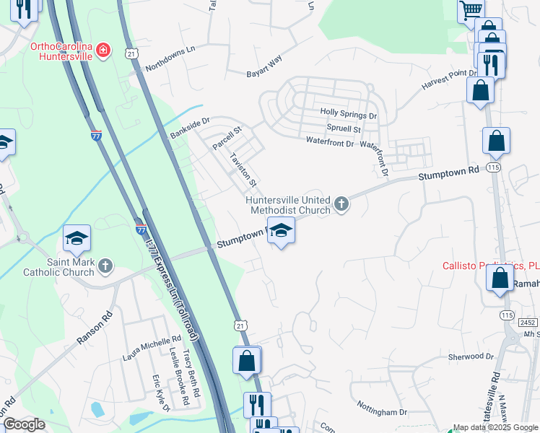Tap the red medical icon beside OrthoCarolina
105,50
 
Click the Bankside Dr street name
189,128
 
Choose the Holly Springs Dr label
349,115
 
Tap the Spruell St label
344,128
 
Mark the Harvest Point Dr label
450,79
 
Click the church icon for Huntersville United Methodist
342,206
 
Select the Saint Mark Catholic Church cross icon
105,266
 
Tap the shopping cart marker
471,10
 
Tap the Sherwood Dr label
470,357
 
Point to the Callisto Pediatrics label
491,265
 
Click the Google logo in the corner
24,424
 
